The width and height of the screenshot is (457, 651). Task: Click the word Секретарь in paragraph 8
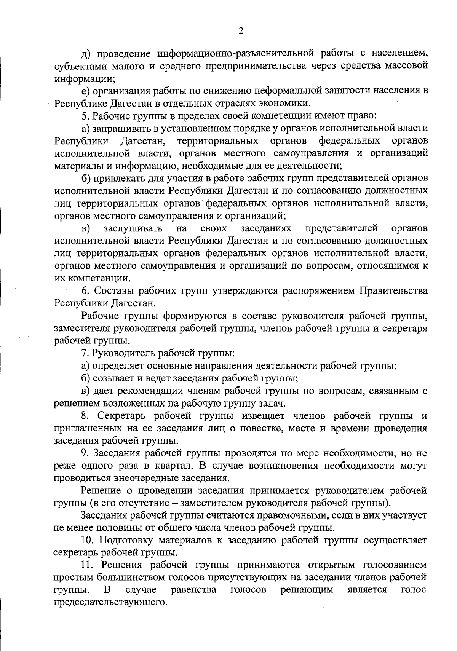pyautogui.click(x=120, y=416)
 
